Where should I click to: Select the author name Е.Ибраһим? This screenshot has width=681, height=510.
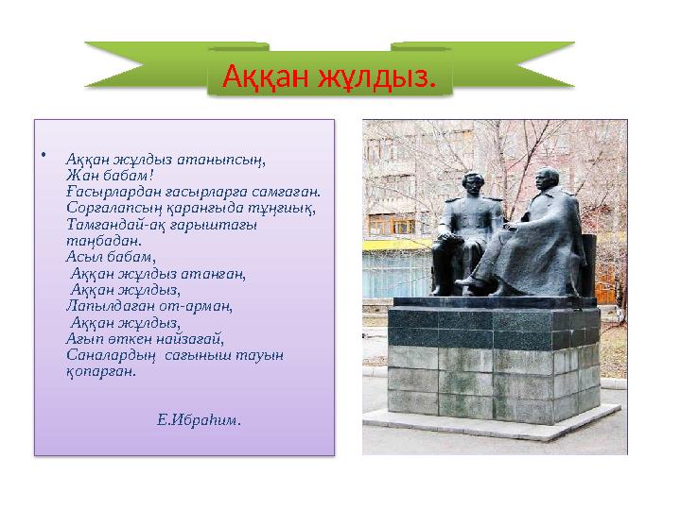(x=199, y=419)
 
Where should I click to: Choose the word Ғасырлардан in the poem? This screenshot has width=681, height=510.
(x=110, y=191)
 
